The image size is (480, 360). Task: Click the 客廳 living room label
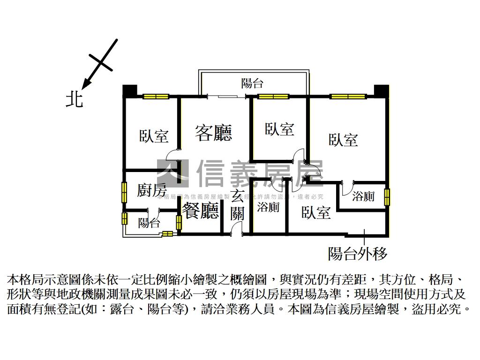(x=213, y=134)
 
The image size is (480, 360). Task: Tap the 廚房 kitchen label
(x=151, y=191)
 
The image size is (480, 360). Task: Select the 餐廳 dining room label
(x=200, y=211)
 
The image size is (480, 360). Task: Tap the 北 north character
(x=74, y=99)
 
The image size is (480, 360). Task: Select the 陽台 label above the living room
(x=252, y=84)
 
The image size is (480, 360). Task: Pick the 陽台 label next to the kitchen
(x=149, y=223)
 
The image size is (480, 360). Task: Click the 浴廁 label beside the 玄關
(x=269, y=207)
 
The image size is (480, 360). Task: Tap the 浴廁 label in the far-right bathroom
(x=363, y=196)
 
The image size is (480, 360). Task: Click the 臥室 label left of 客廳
(x=153, y=136)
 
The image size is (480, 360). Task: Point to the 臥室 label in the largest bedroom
(x=343, y=139)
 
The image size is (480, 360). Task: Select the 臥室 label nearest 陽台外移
(x=316, y=213)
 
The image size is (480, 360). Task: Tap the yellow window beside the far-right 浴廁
(x=387, y=197)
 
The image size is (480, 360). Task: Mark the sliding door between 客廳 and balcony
(x=227, y=97)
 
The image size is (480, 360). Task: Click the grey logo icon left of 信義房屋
(x=172, y=173)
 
